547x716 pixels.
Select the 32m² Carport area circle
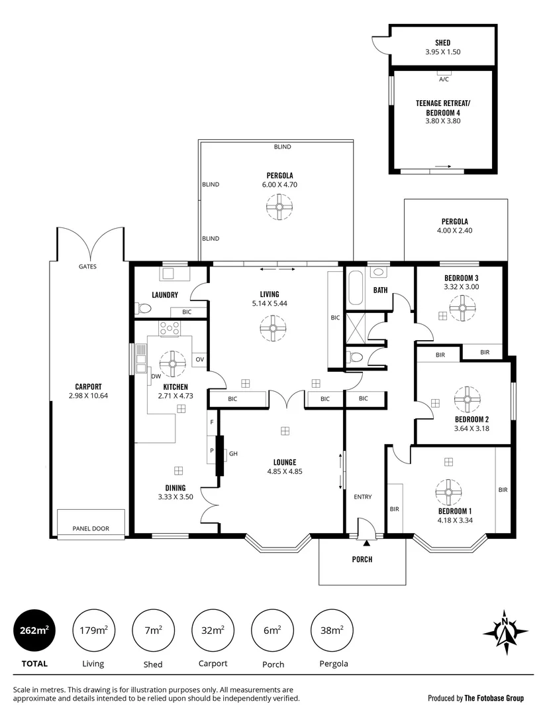213,630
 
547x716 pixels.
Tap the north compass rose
505,630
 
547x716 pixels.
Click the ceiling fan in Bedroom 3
462,308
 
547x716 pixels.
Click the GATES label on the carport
87,267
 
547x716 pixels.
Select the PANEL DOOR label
91,528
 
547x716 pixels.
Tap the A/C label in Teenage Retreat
444,80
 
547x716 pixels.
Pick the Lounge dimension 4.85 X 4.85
284,472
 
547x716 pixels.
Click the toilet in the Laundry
142,308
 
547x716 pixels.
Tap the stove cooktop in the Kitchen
170,328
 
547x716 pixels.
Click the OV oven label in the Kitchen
199,359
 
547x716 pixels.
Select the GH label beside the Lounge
234,454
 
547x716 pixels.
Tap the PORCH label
362,560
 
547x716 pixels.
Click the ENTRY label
362,497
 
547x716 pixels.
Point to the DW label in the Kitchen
156,376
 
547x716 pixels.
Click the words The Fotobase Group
494,697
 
